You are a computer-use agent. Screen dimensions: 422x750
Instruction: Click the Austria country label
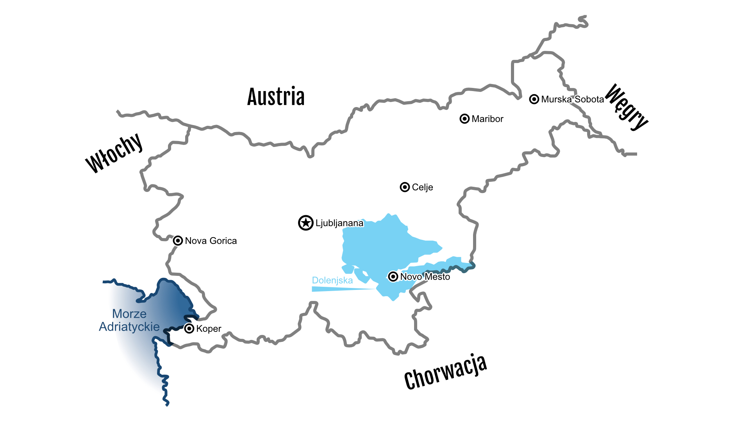click(276, 97)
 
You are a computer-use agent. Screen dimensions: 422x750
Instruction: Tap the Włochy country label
click(114, 153)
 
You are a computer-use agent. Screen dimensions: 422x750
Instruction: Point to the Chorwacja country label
click(445, 372)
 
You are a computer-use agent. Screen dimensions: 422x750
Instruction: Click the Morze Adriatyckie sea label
click(129, 320)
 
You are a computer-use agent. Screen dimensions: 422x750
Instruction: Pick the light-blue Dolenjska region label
click(332, 280)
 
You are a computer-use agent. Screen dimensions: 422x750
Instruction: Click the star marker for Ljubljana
click(306, 223)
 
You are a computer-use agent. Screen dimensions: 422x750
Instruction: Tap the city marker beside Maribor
click(464, 119)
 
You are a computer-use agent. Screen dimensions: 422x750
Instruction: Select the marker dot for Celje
click(405, 187)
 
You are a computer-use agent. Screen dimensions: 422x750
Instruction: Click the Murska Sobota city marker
click(534, 99)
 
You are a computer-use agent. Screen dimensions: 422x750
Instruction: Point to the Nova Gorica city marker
click(178, 240)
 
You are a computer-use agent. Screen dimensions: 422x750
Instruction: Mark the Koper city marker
click(189, 328)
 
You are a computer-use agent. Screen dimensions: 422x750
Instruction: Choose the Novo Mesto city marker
click(393, 277)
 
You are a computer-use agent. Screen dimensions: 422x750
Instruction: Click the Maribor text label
click(487, 119)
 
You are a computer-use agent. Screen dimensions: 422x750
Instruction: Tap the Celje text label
click(422, 188)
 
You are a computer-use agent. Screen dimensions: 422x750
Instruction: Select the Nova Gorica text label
click(211, 241)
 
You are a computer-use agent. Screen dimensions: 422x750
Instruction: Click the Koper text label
click(209, 329)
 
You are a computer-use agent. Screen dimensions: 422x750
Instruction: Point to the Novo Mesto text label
click(425, 277)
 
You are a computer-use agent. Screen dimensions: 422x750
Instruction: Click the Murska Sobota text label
click(572, 99)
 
